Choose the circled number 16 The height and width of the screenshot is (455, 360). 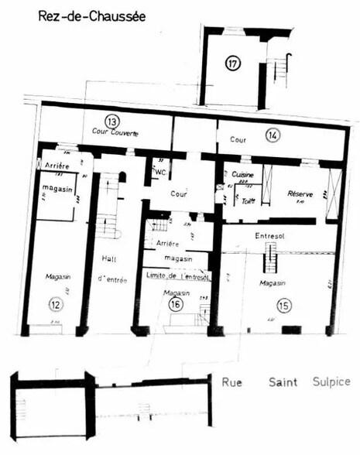pos(175,304)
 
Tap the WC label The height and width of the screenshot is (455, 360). pos(160,172)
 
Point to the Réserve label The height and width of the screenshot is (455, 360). pos(299,193)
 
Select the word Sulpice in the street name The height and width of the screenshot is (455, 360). pos(331,381)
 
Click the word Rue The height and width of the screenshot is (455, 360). pos(231,381)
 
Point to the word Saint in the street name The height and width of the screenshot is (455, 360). pos(283,381)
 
